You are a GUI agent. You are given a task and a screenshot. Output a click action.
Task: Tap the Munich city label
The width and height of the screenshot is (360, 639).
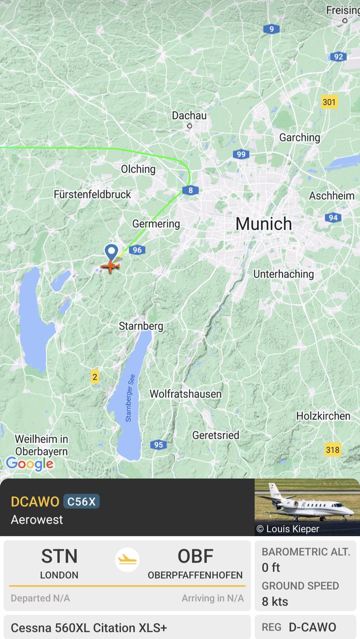tap(264, 224)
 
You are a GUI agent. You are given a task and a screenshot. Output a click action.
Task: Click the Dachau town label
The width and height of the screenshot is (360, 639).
tap(189, 116)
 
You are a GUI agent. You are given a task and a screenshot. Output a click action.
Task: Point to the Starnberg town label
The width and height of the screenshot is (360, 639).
tap(141, 326)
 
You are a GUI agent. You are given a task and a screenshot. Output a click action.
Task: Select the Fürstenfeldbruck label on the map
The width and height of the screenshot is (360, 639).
tap(92, 194)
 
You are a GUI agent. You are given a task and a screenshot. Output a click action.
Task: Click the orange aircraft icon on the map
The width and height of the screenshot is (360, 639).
tap(110, 265)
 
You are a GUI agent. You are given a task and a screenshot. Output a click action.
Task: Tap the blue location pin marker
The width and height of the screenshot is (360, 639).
tap(111, 251)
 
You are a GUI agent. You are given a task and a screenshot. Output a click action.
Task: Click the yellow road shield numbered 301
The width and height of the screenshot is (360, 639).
tap(330, 101)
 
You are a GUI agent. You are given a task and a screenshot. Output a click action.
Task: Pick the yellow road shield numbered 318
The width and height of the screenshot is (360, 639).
tap(332, 450)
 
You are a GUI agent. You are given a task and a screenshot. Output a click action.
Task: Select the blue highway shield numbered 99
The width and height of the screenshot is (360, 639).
tap(241, 154)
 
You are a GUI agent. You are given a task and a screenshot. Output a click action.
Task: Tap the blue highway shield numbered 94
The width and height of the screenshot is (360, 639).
tap(333, 217)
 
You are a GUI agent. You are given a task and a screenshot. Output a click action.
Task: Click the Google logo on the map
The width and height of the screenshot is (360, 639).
tap(30, 464)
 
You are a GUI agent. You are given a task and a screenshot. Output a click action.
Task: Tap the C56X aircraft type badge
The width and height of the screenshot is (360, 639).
tap(81, 502)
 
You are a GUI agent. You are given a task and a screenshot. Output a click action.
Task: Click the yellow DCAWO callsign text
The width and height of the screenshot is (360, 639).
tap(34, 502)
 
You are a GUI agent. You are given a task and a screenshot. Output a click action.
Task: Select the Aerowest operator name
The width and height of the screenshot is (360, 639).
tap(37, 519)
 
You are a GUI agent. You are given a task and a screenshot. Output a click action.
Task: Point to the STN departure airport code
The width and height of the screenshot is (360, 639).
tap(59, 556)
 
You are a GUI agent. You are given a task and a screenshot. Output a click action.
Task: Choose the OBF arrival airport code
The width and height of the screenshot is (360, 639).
tap(195, 556)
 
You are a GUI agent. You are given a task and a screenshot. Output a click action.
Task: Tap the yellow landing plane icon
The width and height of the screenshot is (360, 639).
tap(127, 560)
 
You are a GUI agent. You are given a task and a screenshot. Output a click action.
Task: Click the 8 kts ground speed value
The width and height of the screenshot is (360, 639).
tap(275, 602)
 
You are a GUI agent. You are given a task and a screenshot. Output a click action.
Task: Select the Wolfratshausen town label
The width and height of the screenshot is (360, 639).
tap(185, 394)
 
